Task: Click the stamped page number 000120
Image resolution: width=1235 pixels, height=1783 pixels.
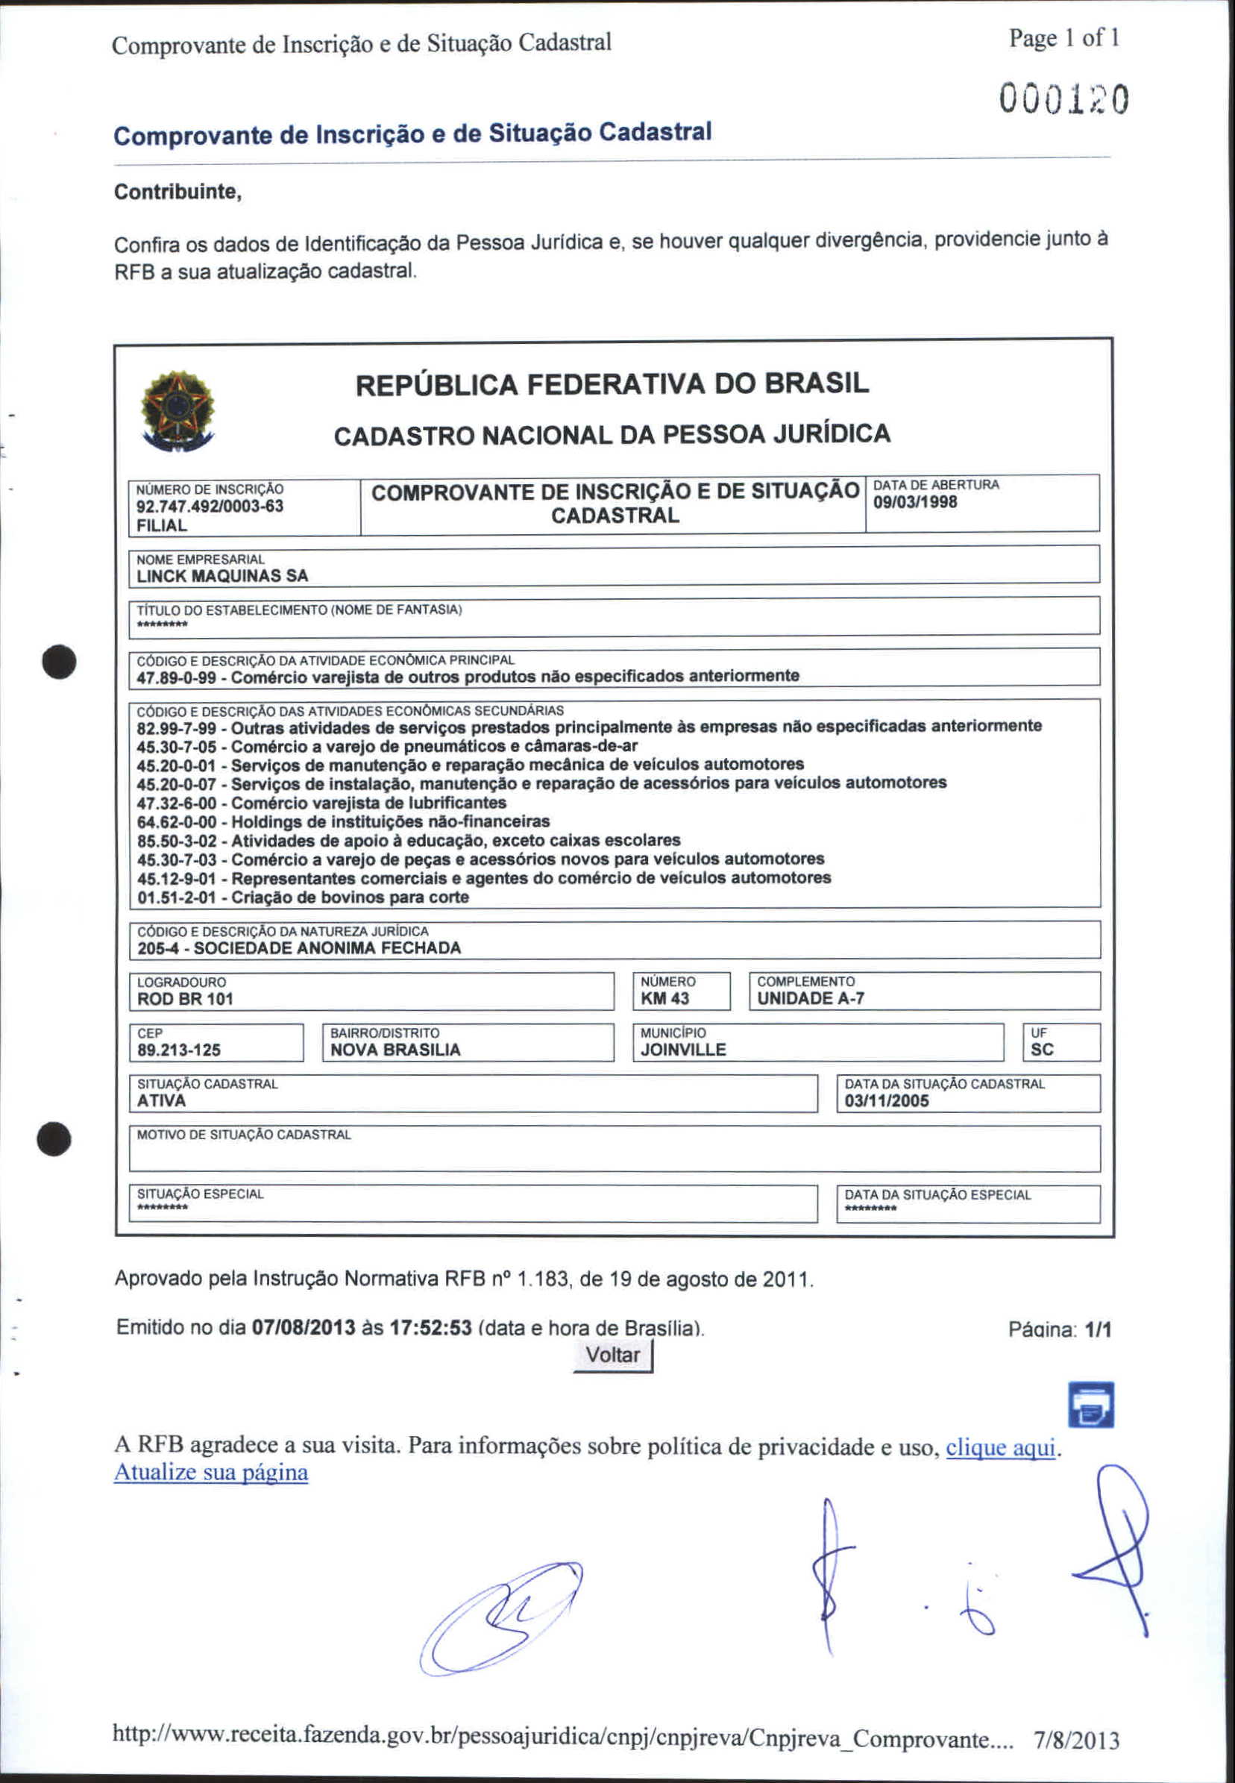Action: (1063, 100)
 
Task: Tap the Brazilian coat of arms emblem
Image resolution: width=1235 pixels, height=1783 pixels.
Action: (177, 410)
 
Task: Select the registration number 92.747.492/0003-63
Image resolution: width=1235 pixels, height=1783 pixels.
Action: (210, 507)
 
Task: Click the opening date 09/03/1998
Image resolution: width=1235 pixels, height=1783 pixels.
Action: (914, 502)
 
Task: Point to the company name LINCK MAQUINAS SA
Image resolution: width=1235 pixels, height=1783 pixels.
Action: (222, 576)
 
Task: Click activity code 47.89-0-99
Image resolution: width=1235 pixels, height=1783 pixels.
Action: (177, 678)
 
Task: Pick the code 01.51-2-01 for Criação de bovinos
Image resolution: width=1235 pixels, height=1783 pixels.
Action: (177, 897)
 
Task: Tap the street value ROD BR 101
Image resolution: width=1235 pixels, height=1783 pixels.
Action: (185, 999)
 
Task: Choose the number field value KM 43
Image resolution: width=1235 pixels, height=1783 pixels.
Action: (664, 998)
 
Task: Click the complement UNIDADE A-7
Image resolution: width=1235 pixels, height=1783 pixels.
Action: (810, 998)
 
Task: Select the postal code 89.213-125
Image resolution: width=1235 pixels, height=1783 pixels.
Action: (179, 1050)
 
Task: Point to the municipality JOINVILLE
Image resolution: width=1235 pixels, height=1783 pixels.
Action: (683, 1050)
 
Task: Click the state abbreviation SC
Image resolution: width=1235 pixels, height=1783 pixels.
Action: (1042, 1050)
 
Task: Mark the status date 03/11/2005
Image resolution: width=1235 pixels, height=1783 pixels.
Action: (886, 1101)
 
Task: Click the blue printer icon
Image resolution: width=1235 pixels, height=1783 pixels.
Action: (1090, 1405)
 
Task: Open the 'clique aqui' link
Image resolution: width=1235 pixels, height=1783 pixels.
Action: (1000, 1447)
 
